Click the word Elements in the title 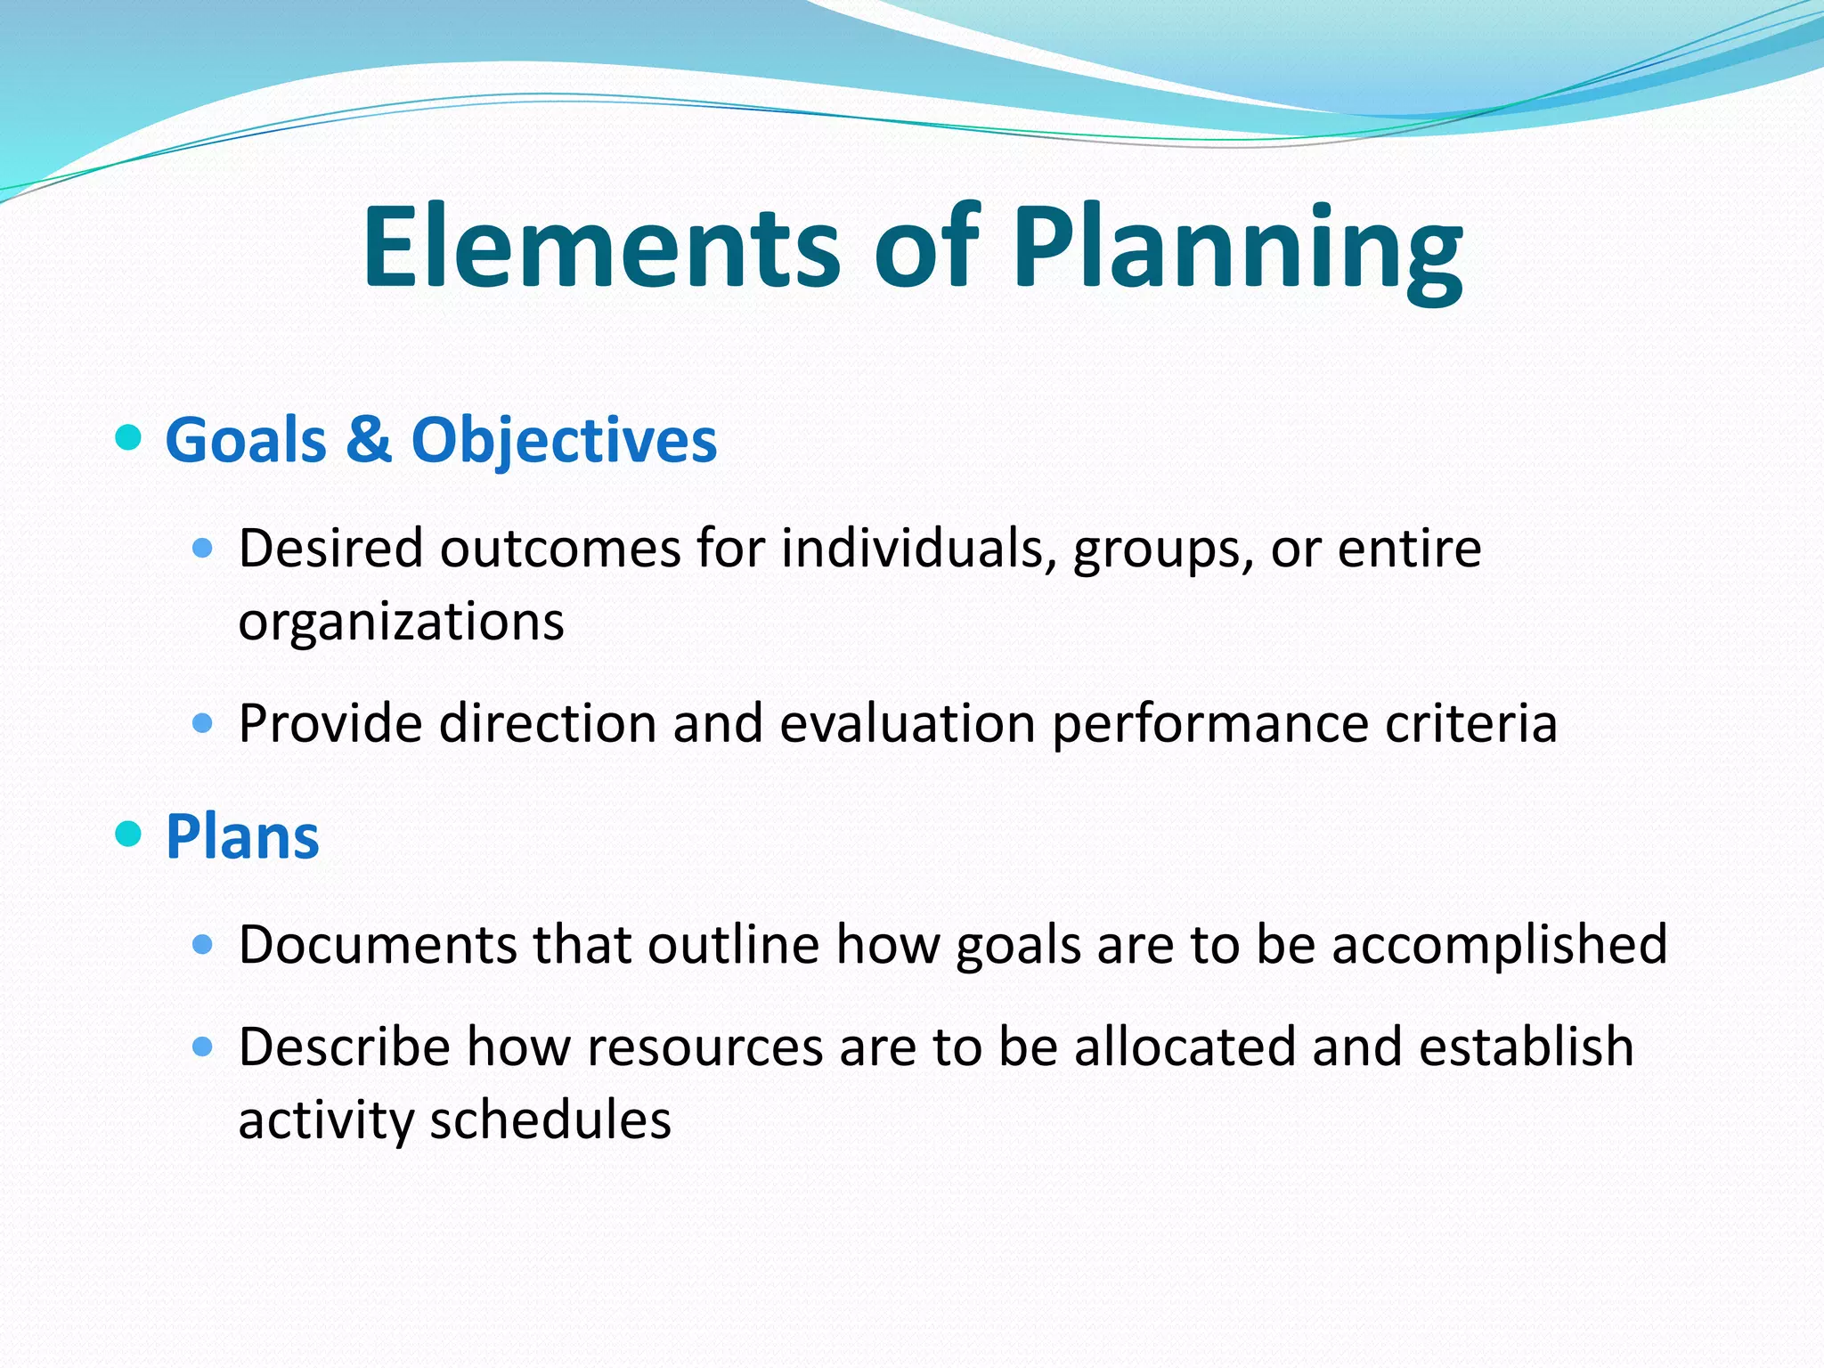point(601,248)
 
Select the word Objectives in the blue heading point(563,442)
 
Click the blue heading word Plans point(242,837)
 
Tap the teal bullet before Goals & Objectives point(129,438)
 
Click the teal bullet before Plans point(129,835)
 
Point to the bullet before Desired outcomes point(203,547)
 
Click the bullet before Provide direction point(203,721)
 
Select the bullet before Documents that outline point(203,944)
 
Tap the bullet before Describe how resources point(203,1046)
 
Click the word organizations point(401,622)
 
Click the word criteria point(1470,722)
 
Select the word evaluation point(907,722)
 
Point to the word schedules point(550,1120)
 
